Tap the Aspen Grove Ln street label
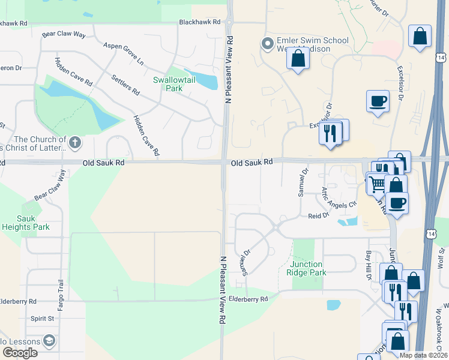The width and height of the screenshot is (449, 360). click(124, 53)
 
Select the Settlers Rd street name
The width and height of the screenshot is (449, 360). click(125, 85)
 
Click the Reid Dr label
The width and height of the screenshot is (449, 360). click(318, 215)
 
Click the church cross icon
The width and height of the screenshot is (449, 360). click(74, 142)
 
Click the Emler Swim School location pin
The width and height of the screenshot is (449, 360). click(268, 43)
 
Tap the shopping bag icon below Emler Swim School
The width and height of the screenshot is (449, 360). click(298, 59)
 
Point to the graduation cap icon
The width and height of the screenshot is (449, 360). click(48, 341)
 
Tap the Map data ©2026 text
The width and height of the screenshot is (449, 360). click(423, 355)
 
